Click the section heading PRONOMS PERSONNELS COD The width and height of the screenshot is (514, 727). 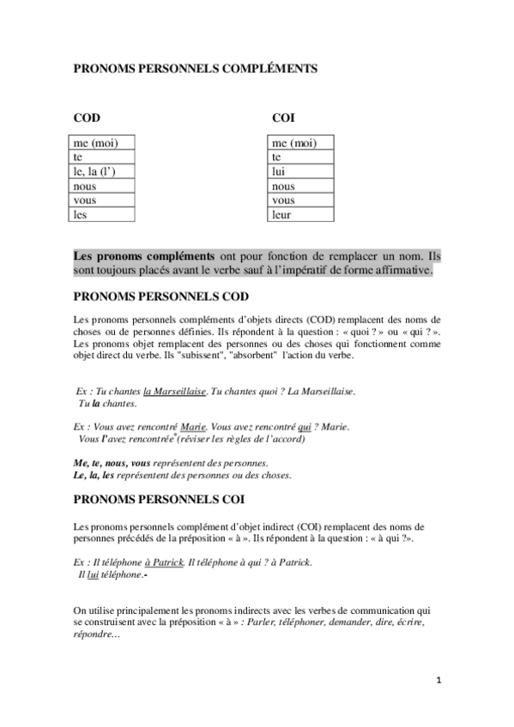(x=161, y=297)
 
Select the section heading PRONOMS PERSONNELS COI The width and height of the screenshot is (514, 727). (x=160, y=497)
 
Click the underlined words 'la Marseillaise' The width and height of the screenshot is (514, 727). (x=175, y=391)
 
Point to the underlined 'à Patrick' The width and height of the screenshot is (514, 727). (x=165, y=562)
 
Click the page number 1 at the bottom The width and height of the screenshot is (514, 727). (x=438, y=681)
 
